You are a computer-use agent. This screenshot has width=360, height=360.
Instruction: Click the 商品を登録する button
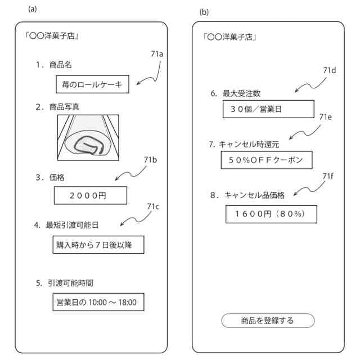pos(268,321)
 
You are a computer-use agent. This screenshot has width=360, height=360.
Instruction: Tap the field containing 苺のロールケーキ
pos(92,85)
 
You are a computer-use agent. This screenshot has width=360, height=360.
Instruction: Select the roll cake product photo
pos(88,137)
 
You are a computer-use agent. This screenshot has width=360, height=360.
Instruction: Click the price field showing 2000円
pos(91,196)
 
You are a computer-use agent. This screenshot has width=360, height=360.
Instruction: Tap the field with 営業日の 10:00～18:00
pos(96,302)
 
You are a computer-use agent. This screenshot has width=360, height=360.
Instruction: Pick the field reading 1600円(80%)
pos(270,214)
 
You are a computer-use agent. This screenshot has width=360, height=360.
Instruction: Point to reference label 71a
pos(157,54)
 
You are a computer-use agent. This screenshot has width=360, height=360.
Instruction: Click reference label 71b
pos(150,160)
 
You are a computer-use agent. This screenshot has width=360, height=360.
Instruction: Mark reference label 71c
pos(153,206)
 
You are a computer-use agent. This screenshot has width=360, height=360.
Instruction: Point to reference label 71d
pos(330,70)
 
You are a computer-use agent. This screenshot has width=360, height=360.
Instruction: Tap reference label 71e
pos(326,117)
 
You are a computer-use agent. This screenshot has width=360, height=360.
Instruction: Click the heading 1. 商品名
pos(53,65)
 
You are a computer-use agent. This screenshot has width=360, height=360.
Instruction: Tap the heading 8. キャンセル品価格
pos(247,195)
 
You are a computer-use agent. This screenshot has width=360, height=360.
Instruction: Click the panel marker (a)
pos(33,8)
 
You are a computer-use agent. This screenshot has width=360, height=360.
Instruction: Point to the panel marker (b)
pos(204,12)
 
